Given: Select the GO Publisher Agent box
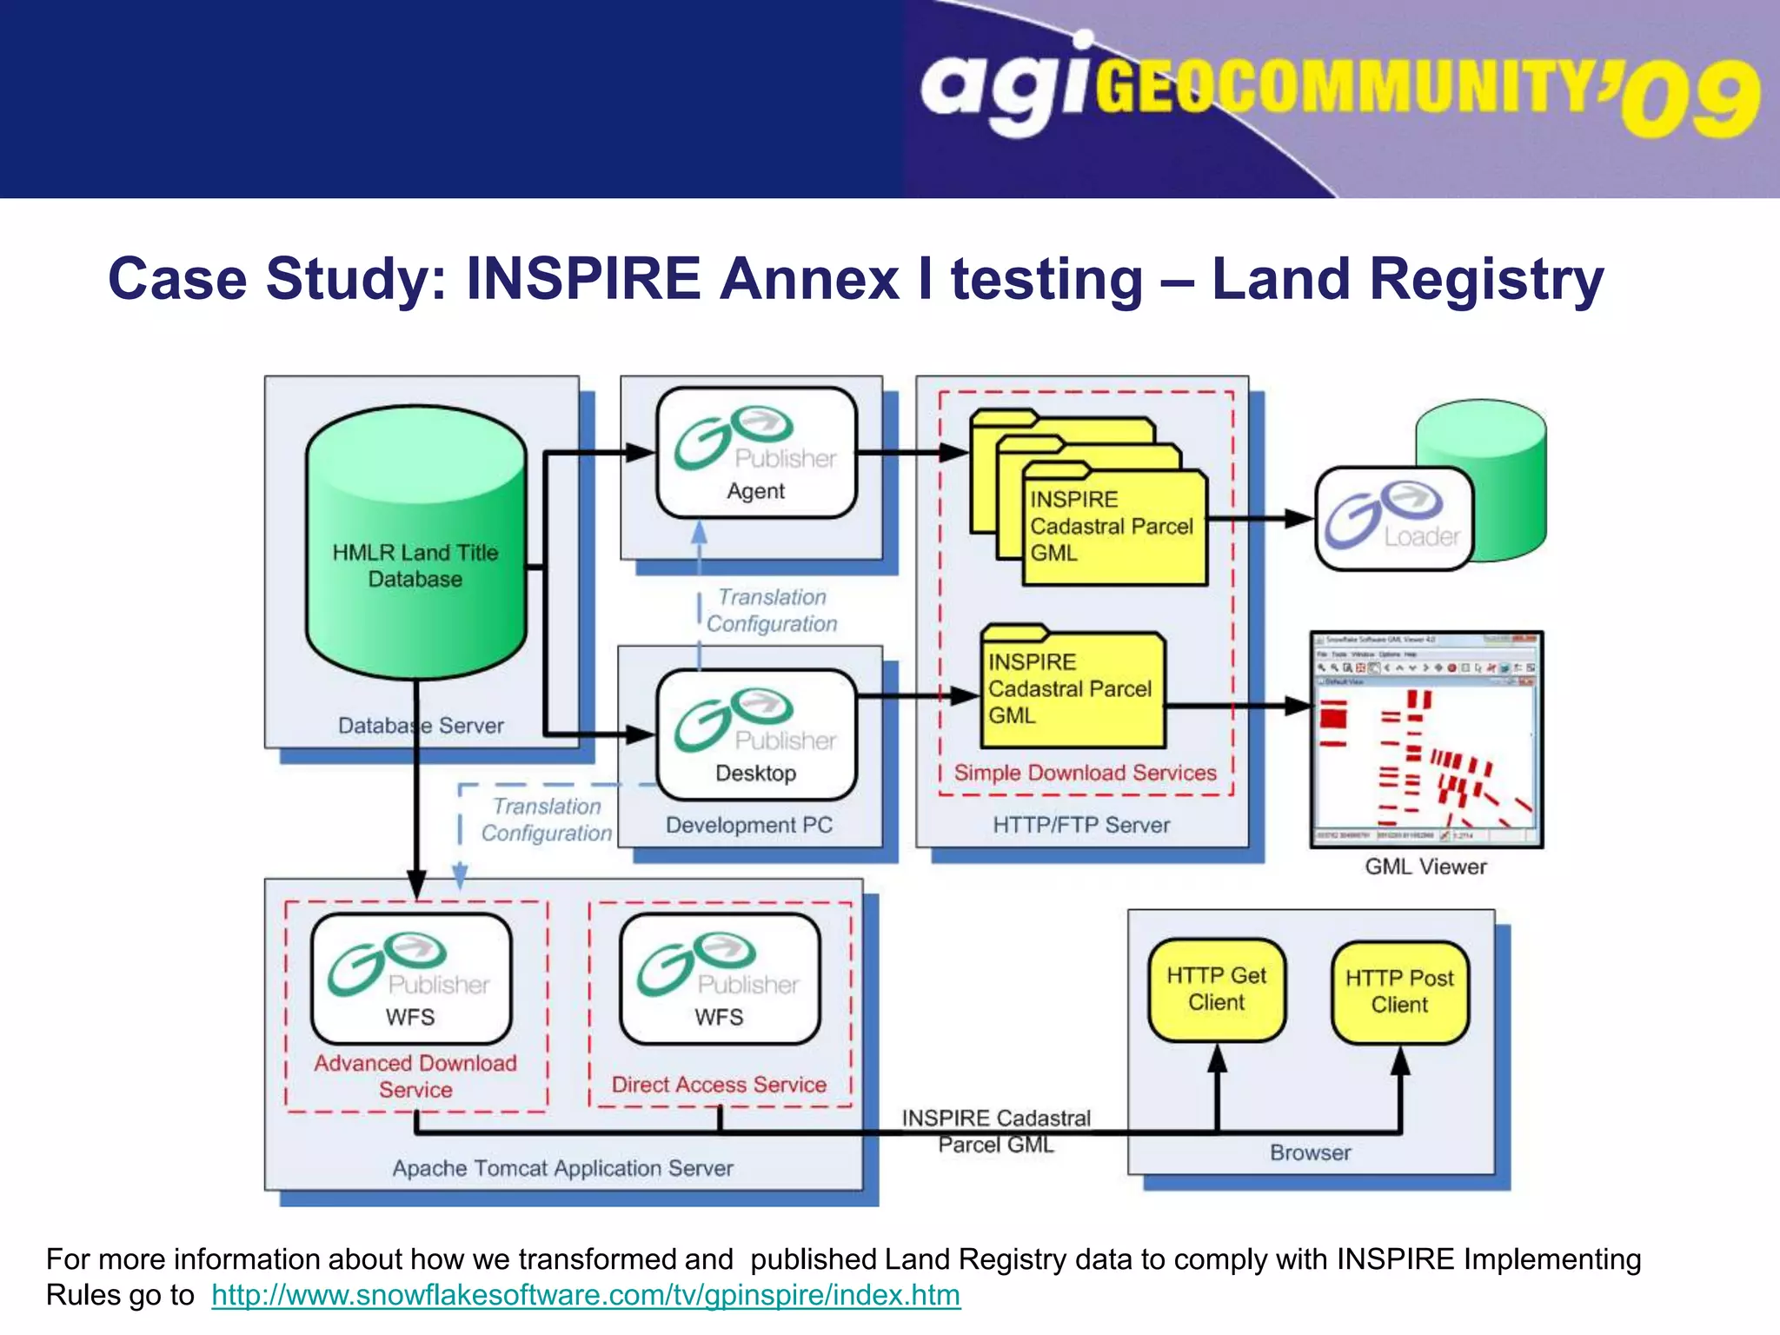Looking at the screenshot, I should click(x=756, y=453).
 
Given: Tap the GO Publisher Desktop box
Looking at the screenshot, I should click(x=756, y=734).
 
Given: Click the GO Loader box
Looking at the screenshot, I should click(x=1393, y=519).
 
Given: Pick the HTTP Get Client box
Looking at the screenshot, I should click(x=1216, y=989).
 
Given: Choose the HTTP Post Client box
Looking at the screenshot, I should click(x=1399, y=991).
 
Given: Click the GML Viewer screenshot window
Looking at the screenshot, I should click(x=1425, y=740).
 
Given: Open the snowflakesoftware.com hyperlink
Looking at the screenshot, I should click(x=586, y=1295).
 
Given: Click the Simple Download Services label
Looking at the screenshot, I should click(x=1085, y=773).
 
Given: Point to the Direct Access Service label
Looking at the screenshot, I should click(x=719, y=1085).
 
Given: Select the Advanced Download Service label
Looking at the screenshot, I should click(x=415, y=1076).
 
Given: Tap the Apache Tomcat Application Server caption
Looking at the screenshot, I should click(x=562, y=1168).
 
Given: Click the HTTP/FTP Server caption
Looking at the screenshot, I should click(x=1081, y=825).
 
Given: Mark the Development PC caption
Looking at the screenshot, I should click(x=748, y=825).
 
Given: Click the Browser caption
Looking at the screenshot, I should click(x=1310, y=1152).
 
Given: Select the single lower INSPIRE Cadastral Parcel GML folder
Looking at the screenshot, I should click(x=1073, y=688).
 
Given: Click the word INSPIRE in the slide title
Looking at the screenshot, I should click(x=582, y=279).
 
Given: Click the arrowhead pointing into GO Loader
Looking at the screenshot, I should click(x=1300, y=519).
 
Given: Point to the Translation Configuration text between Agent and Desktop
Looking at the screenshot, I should click(x=772, y=610).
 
